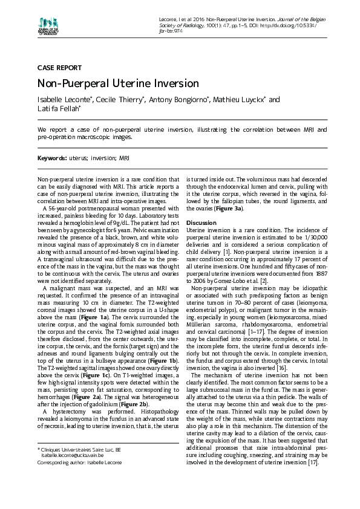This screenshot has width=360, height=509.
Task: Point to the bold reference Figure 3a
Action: coord(230,209)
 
